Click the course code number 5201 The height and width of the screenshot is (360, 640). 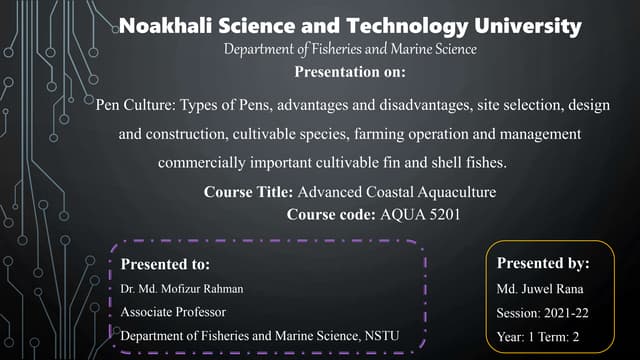coord(443,213)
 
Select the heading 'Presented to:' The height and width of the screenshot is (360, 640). coord(165,265)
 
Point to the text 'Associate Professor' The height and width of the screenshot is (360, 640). coord(167,312)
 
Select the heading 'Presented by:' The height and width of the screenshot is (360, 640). coord(543,264)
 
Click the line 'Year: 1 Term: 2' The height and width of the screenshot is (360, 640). coord(539,335)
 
